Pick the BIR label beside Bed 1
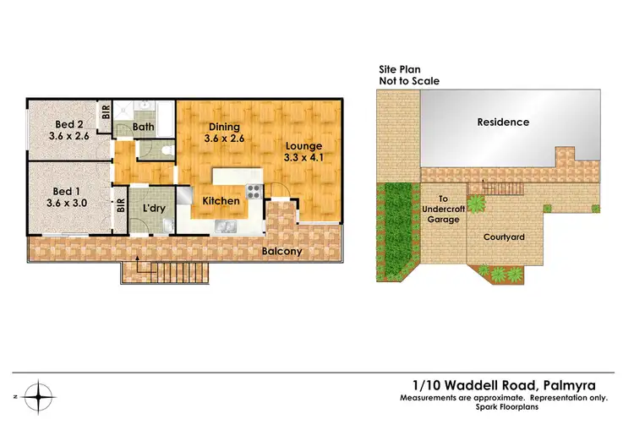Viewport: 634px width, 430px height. click(121, 204)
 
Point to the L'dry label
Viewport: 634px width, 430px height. click(152, 208)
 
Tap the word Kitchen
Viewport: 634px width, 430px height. click(220, 202)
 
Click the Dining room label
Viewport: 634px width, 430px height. click(224, 128)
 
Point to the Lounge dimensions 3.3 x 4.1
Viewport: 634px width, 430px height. click(303, 157)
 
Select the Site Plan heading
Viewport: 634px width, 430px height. click(400, 70)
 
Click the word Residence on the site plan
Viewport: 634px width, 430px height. click(503, 122)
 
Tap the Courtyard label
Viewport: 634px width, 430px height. click(504, 237)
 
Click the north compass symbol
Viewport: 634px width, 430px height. click(36, 395)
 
